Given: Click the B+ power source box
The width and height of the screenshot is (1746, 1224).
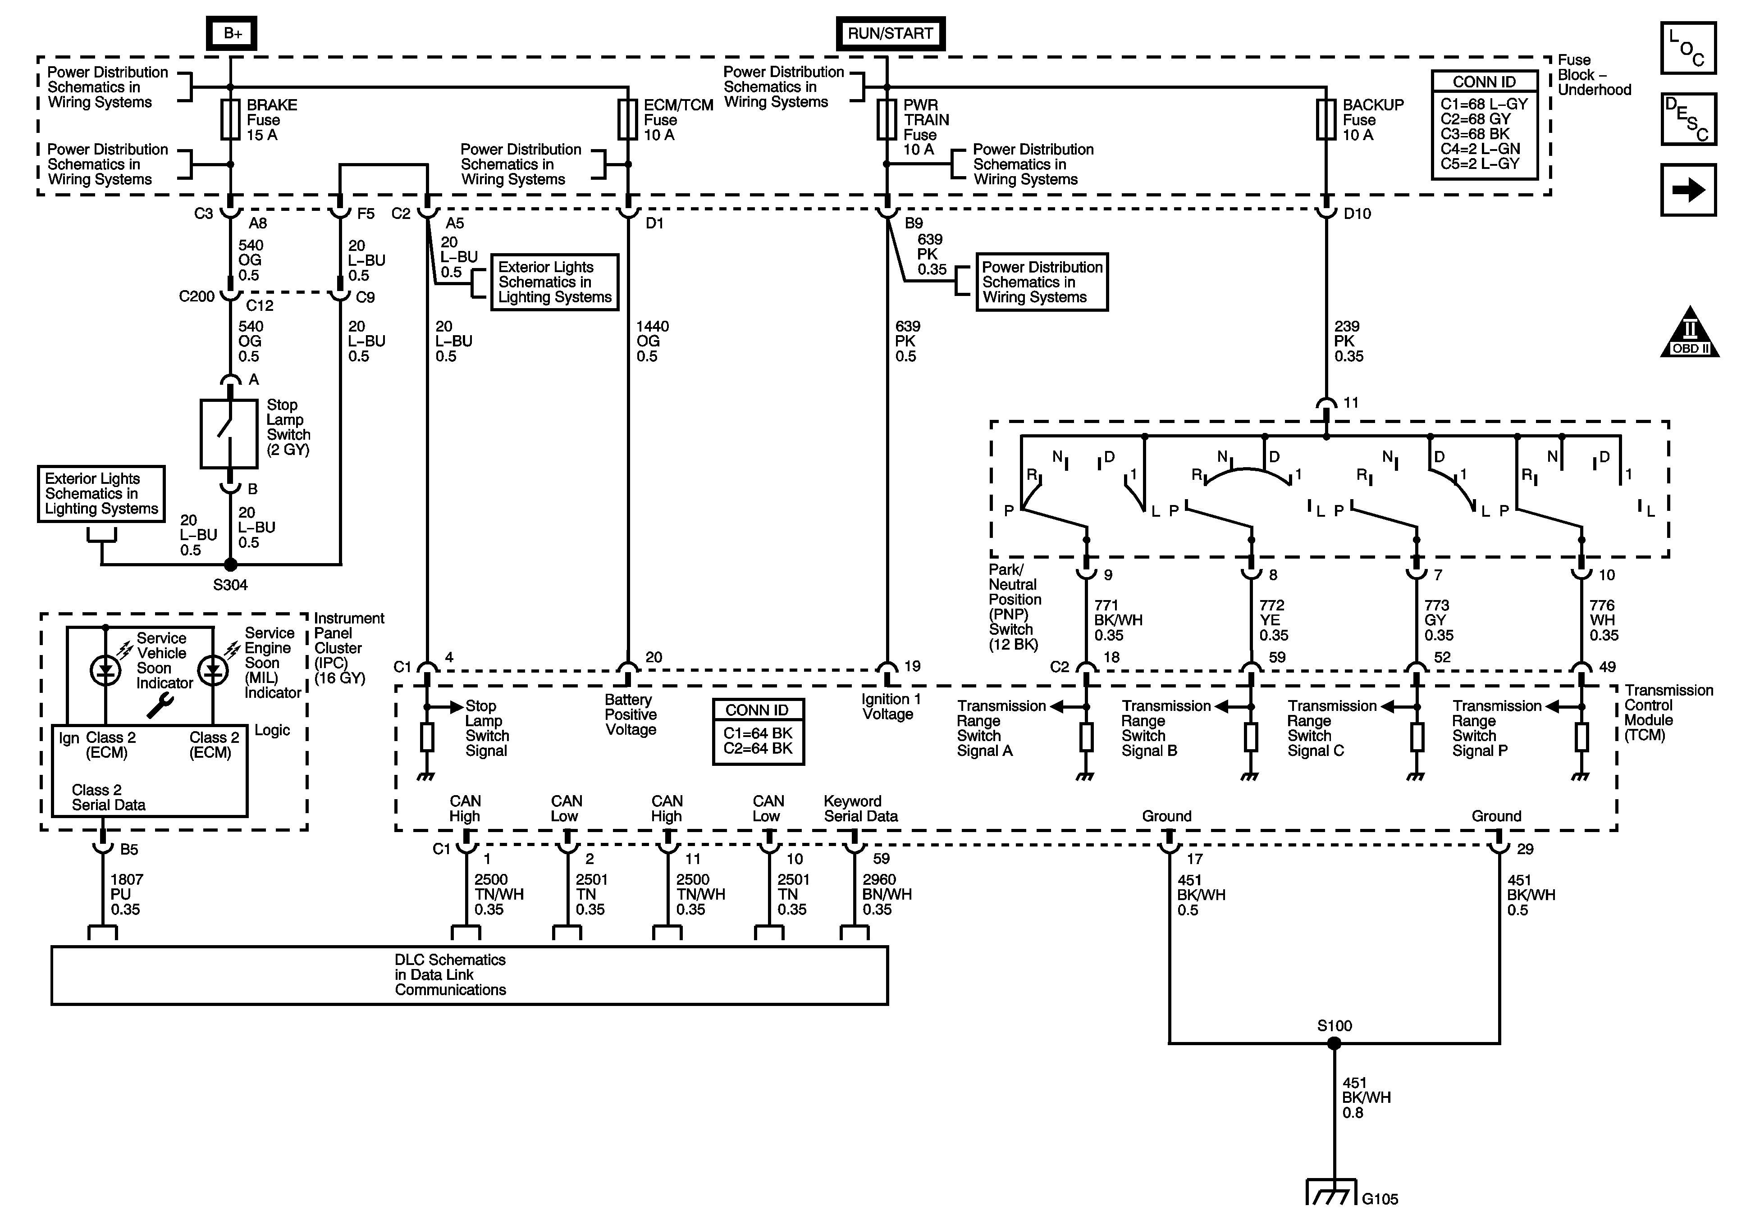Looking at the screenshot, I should pyautogui.click(x=232, y=33).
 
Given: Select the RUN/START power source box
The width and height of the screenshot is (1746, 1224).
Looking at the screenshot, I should pyautogui.click(x=890, y=33).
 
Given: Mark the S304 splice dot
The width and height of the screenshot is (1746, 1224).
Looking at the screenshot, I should pyautogui.click(x=230, y=565).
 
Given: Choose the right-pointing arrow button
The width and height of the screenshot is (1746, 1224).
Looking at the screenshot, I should pyautogui.click(x=1688, y=190).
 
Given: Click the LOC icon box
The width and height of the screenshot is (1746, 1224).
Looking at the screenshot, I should pyautogui.click(x=1688, y=48).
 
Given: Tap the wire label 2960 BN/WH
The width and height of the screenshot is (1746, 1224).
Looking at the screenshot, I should pyautogui.click(x=886, y=895).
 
